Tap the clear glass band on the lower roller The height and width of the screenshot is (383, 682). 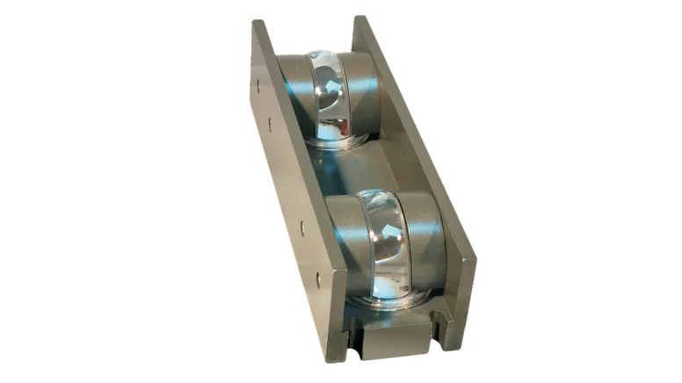[x=391, y=237]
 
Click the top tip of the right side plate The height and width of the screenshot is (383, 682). [x=358, y=18]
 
